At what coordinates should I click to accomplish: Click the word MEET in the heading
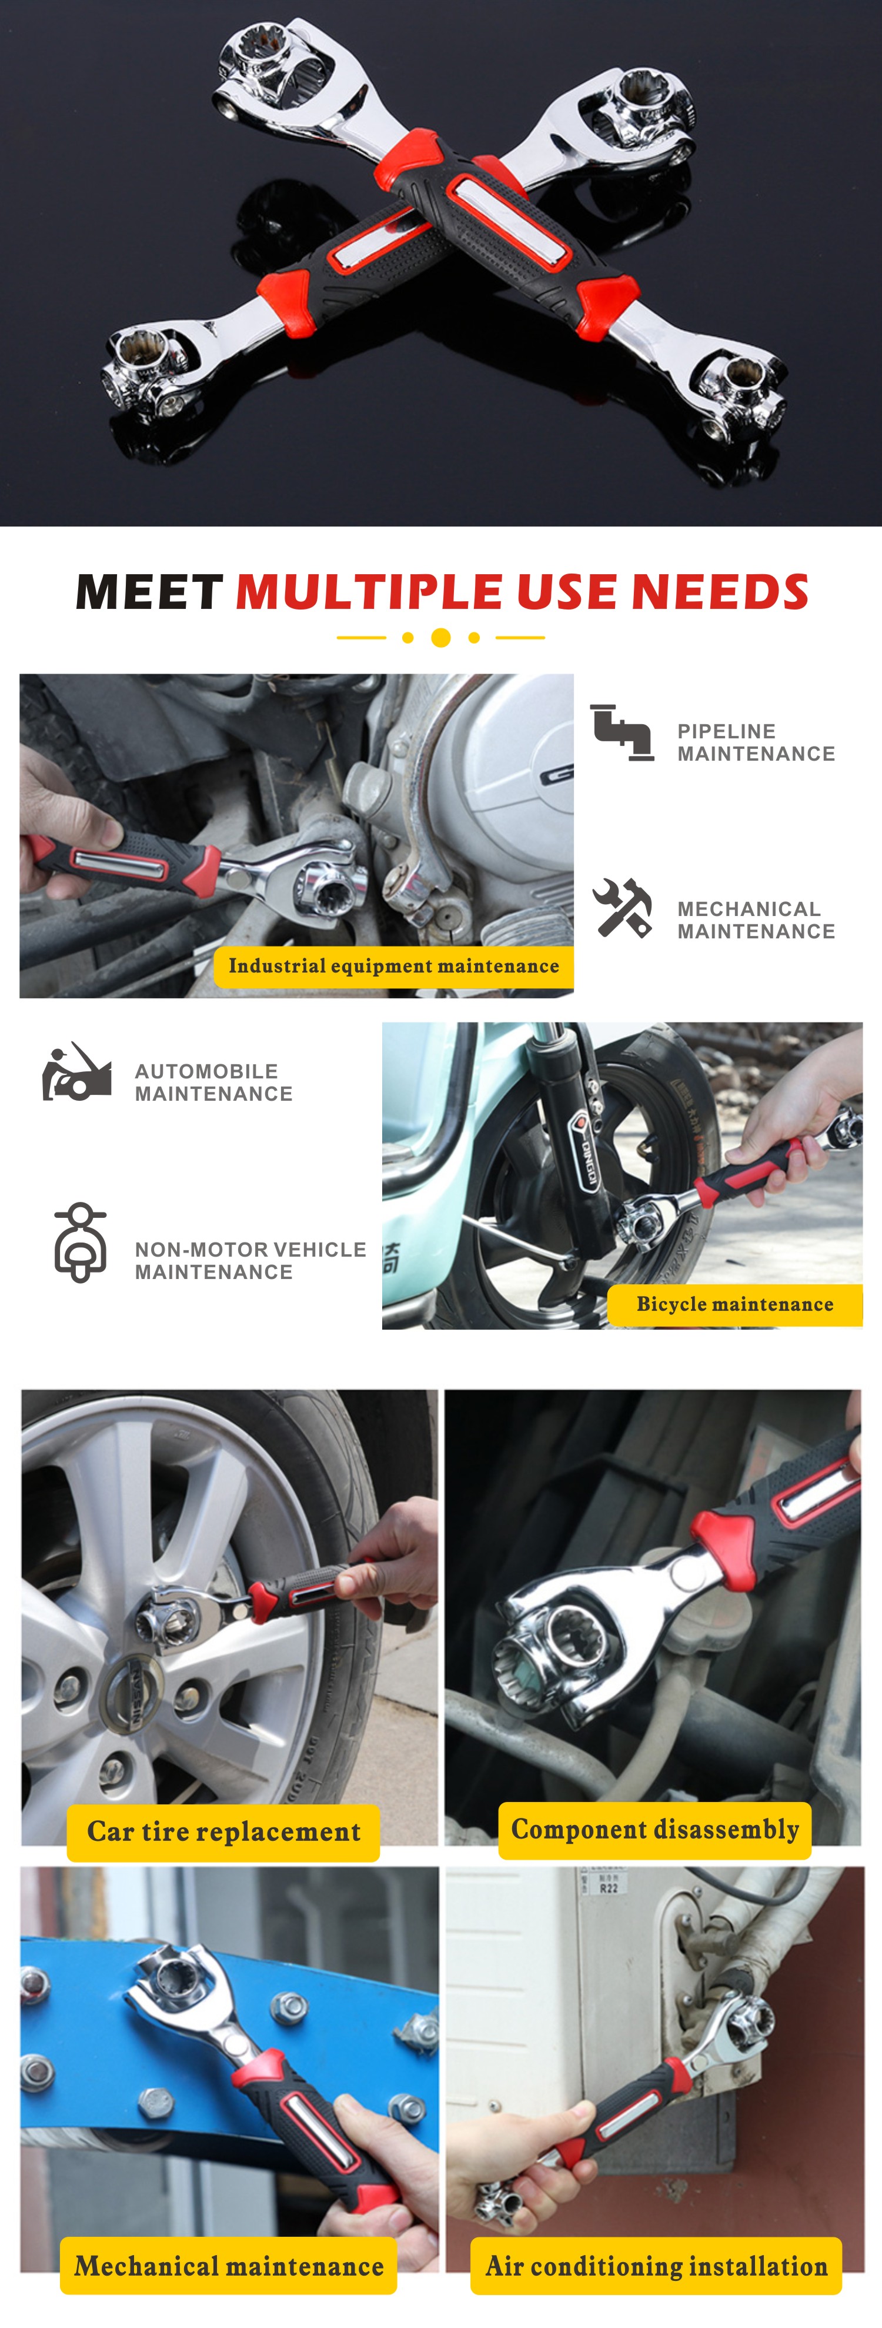pyautogui.click(x=149, y=592)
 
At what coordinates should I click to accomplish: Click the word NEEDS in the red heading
pyautogui.click(x=720, y=592)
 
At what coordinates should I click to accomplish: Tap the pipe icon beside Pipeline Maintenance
pyautogui.click(x=622, y=733)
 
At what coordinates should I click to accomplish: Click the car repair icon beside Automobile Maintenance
pyautogui.click(x=77, y=1072)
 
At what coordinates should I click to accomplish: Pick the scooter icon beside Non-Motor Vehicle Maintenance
pyautogui.click(x=81, y=1242)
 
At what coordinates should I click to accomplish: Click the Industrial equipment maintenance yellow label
pyautogui.click(x=394, y=966)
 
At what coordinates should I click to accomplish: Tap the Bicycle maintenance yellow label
pyautogui.click(x=734, y=1304)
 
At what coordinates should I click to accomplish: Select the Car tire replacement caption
pyautogui.click(x=223, y=1831)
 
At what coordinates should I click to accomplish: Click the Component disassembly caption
pyautogui.click(x=655, y=1829)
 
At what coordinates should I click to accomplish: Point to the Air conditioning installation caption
pyautogui.click(x=656, y=2266)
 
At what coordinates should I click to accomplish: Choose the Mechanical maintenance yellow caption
pyautogui.click(x=229, y=2266)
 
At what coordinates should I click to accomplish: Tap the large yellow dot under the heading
pyautogui.click(x=441, y=638)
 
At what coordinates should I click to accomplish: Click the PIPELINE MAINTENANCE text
pyautogui.click(x=756, y=743)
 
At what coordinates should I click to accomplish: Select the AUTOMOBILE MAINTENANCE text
pyautogui.click(x=213, y=1083)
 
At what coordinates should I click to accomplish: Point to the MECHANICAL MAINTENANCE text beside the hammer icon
pyautogui.click(x=756, y=920)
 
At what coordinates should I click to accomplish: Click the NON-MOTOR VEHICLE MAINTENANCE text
pyautogui.click(x=250, y=1261)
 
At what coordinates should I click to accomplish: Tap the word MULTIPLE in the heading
pyautogui.click(x=369, y=592)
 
